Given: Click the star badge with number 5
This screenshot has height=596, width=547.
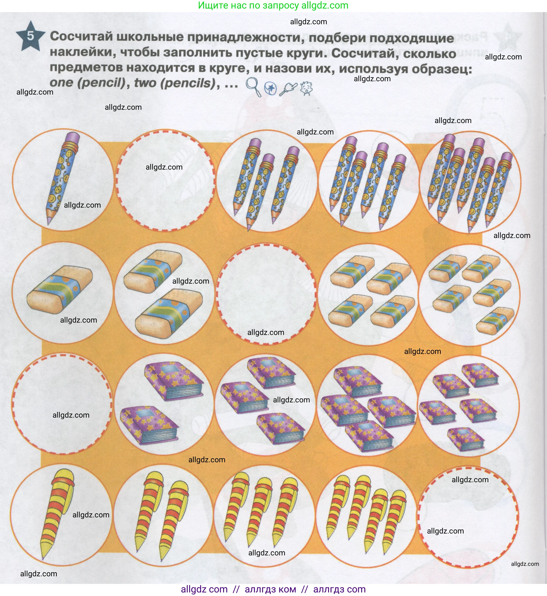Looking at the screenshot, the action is [30, 36].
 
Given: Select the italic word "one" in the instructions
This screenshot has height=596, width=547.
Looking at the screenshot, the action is [61, 83].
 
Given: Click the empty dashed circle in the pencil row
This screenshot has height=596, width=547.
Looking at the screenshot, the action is [165, 180].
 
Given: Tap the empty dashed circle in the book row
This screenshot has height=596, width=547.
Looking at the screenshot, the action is [62, 403].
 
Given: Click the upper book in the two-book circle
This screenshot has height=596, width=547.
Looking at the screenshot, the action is [174, 383].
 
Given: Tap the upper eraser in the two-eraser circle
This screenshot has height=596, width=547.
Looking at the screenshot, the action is [153, 270].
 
